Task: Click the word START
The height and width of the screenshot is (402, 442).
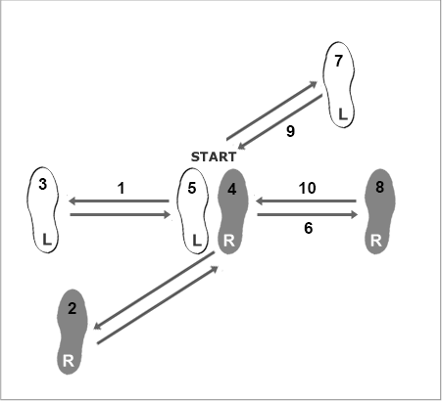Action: tap(214, 156)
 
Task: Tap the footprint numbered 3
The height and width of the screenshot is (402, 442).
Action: tap(42, 210)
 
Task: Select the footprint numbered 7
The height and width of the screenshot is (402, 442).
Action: tap(339, 85)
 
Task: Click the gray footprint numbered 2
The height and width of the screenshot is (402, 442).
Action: tap(73, 332)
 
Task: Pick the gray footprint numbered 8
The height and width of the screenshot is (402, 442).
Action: tap(379, 211)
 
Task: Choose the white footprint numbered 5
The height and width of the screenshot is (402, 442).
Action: tap(192, 211)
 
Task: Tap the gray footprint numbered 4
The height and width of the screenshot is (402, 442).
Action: tap(233, 211)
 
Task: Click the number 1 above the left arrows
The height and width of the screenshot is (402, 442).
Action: tap(122, 188)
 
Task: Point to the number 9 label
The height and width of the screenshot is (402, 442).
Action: tap(290, 131)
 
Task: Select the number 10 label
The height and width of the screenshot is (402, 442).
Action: tap(307, 188)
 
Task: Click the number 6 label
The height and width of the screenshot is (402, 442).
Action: tap(308, 228)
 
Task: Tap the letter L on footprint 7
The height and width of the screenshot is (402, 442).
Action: tap(342, 114)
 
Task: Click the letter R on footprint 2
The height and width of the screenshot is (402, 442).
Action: tap(68, 361)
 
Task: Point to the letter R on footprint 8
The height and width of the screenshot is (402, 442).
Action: tap(376, 241)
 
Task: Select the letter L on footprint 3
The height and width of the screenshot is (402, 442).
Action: tap(47, 240)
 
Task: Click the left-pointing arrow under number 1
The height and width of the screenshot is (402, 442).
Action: tap(119, 201)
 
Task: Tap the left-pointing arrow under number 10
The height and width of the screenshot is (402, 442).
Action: tap(306, 201)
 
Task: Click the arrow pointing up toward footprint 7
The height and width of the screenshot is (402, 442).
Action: tap(271, 111)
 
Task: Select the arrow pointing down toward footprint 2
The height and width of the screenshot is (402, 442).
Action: tap(154, 290)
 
